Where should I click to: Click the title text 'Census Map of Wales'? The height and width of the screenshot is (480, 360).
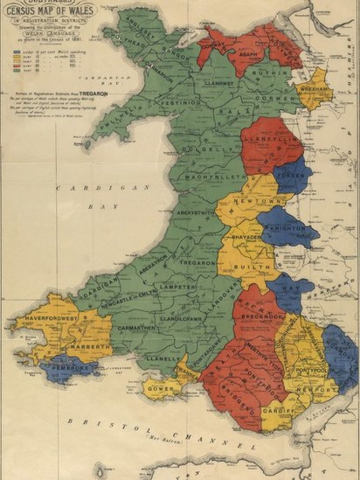[x=50, y=9]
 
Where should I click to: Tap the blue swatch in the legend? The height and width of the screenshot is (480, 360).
[x=17, y=52]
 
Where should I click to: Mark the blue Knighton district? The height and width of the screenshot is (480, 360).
[x=288, y=229]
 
